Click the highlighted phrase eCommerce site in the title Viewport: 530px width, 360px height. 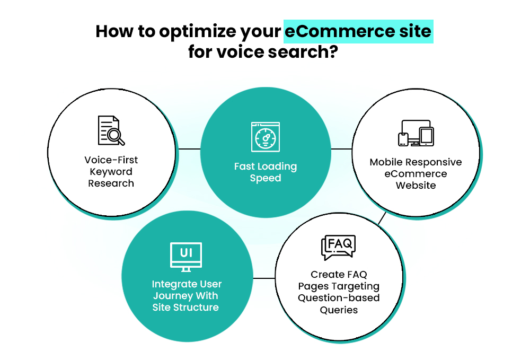point(358,32)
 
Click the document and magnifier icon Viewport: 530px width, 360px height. point(111,130)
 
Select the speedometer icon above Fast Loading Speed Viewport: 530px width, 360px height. point(265,137)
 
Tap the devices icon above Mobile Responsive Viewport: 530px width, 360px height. point(416,133)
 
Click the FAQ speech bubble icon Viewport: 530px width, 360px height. point(338,248)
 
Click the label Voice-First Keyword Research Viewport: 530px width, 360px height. point(111,171)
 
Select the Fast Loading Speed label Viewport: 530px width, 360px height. point(265,172)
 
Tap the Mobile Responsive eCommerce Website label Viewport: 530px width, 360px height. point(416,173)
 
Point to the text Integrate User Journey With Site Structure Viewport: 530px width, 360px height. point(185,296)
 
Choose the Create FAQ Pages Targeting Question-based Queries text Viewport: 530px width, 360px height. point(339,292)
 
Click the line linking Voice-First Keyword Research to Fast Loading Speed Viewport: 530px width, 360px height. point(189,149)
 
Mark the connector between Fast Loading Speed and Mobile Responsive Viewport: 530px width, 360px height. point(341,149)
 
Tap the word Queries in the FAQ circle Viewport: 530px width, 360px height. point(339,310)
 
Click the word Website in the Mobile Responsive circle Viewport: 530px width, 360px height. point(416,186)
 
